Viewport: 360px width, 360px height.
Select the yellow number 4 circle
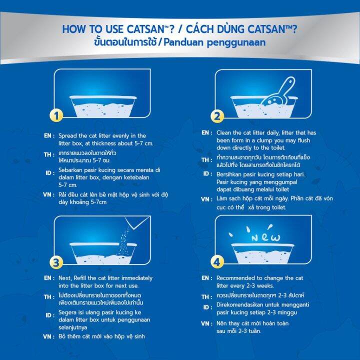217,260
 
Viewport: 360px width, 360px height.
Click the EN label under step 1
48,136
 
